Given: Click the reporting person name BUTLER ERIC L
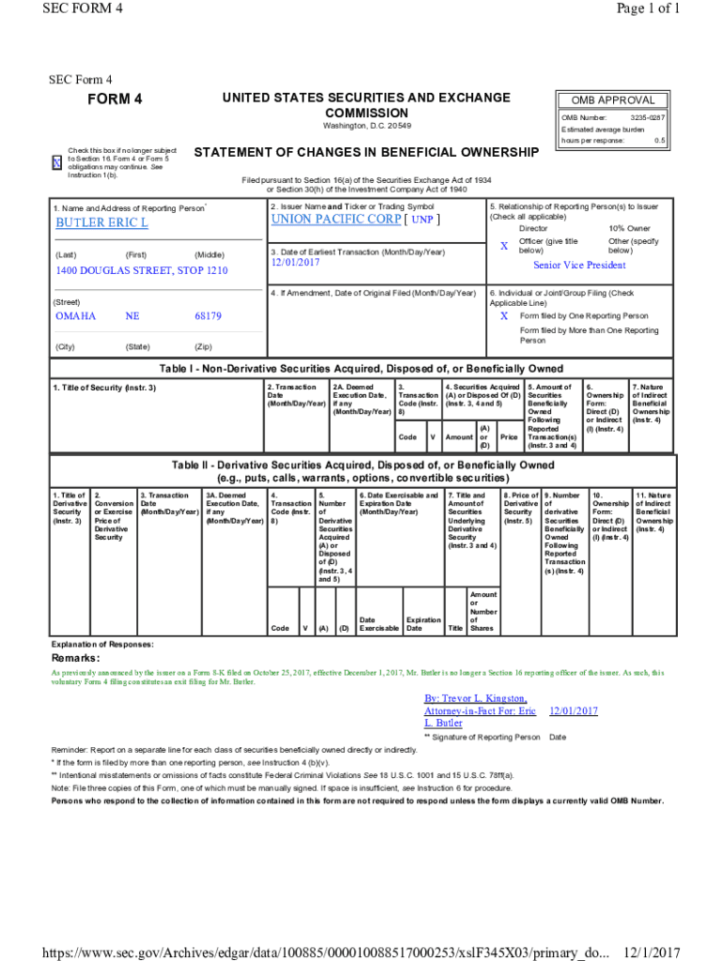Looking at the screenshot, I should coord(101,223).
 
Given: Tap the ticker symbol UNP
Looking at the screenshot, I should coord(422,220).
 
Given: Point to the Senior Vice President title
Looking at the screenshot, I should coord(578,266).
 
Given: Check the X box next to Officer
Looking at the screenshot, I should coord(503,246).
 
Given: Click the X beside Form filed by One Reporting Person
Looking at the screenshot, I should coord(503,316).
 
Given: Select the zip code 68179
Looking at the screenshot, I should coord(208,316).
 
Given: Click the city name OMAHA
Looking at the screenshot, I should coord(76,316).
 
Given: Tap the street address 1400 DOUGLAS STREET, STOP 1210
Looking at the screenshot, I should coord(141,271).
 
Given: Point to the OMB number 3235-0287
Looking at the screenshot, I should coord(647,117).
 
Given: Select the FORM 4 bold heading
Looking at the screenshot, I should coord(115,99).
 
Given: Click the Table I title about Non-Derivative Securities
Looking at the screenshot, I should coord(361,368).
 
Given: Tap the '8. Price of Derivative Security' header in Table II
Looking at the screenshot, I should coord(520,508).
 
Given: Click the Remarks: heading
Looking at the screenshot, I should coord(76,658).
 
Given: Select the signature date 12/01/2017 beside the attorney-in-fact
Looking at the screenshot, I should coord(573,711).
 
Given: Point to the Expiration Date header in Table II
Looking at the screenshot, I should coord(423,624).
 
